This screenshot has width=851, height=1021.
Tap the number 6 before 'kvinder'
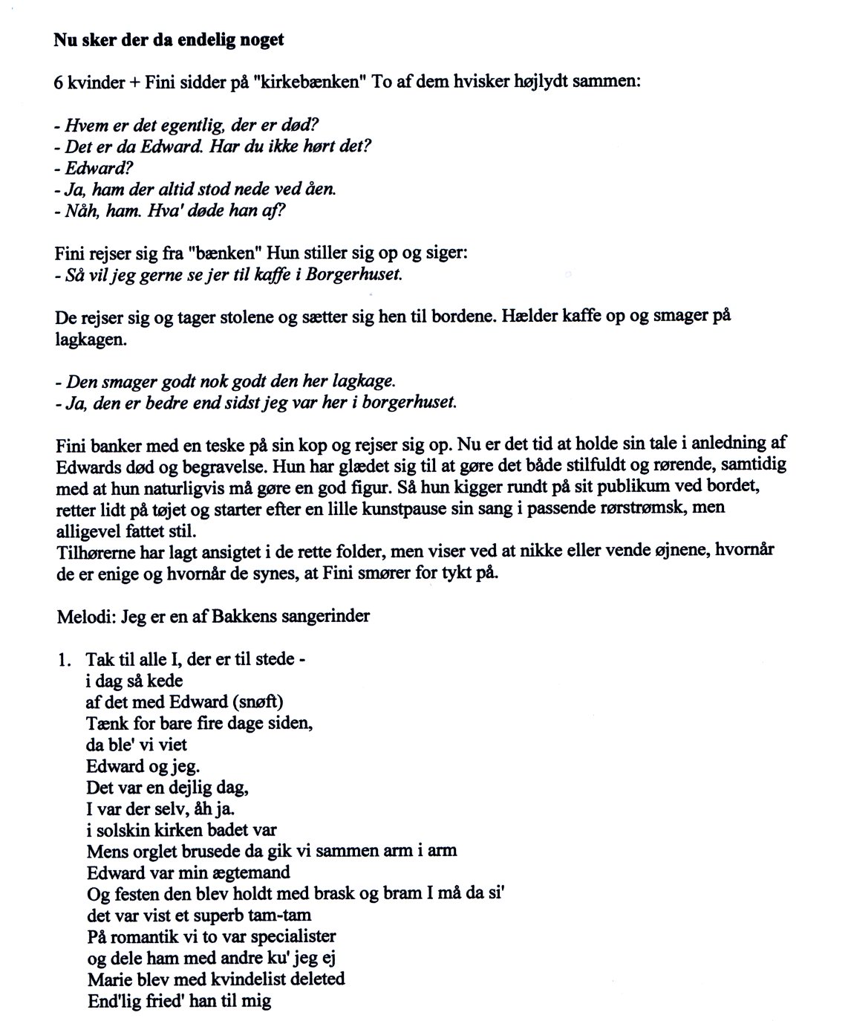(x=59, y=82)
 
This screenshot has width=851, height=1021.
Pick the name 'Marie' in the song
(x=107, y=979)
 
